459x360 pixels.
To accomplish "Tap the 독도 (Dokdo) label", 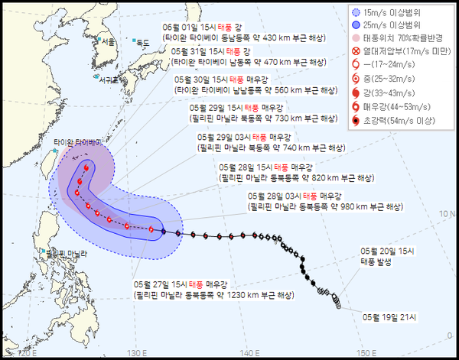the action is pyautogui.click(x=142, y=44).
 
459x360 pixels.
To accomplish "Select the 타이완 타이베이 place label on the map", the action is pyautogui.click(x=77, y=142).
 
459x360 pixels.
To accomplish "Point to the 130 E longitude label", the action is pyautogui.click(x=137, y=352).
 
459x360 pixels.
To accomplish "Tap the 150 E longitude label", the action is pyautogui.click(x=366, y=352).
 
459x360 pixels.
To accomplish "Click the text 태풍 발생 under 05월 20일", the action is pyautogui.click(x=379, y=261).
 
